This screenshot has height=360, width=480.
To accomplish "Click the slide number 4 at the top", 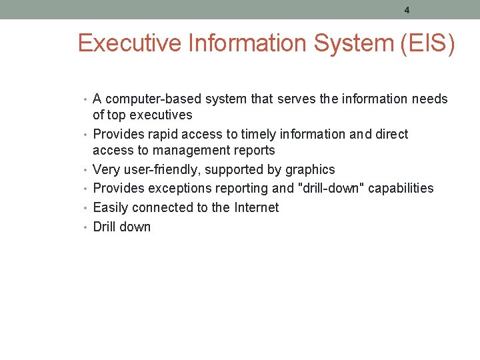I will pyautogui.click(x=407, y=10).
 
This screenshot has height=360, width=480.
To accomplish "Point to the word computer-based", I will pyautogui.click(x=153, y=99).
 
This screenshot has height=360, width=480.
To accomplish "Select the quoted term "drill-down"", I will pyautogui.click(x=331, y=189).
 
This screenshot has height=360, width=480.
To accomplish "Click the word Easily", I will pyautogui.click(x=111, y=208).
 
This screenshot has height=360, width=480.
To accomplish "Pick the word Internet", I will pyautogui.click(x=256, y=207).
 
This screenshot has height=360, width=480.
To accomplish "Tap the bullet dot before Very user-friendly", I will pyautogui.click(x=87, y=171).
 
